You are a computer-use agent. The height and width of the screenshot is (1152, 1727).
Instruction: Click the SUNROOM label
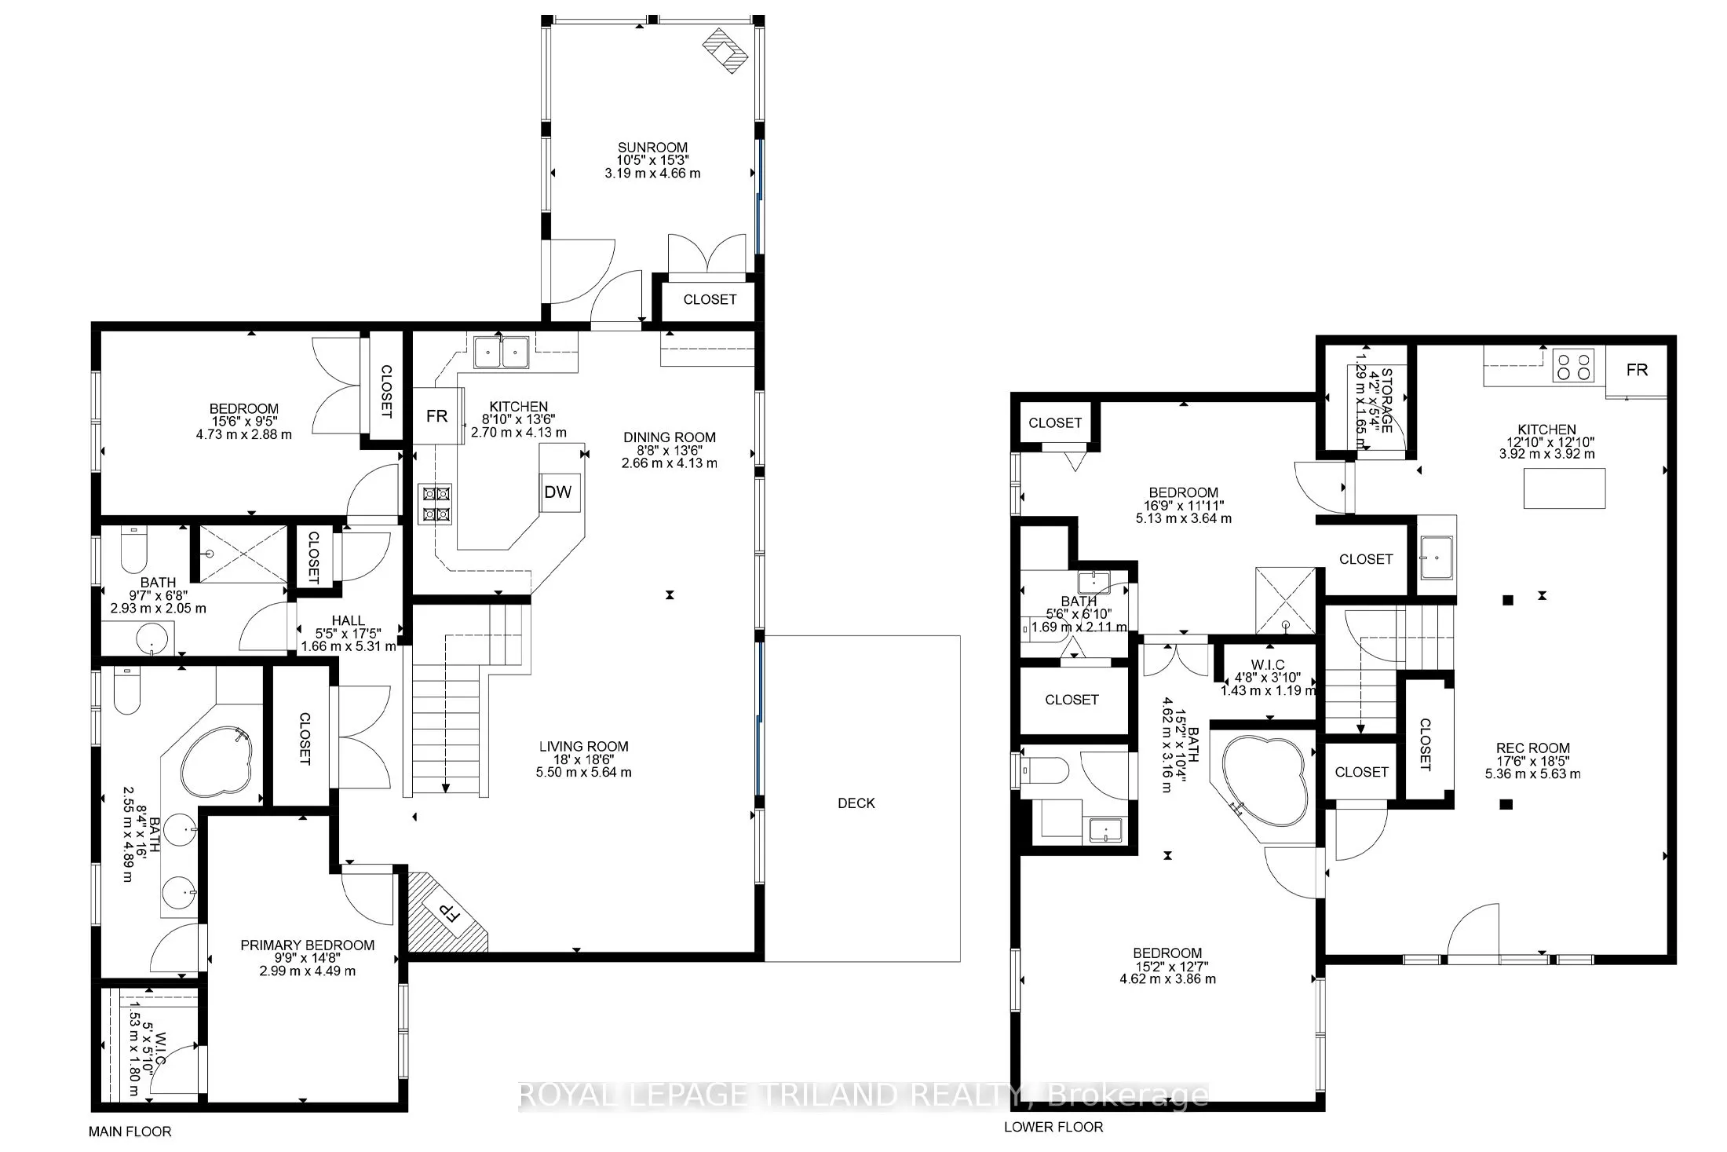652,147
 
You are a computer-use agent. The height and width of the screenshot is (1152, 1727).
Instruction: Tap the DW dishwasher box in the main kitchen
558,492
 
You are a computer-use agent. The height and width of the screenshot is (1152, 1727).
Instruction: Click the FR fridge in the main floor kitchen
436,416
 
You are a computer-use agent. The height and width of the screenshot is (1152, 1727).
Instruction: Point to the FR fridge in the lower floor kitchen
1637,370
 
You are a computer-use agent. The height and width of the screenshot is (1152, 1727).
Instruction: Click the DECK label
856,803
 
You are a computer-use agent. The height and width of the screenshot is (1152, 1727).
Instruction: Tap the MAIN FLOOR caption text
130,1132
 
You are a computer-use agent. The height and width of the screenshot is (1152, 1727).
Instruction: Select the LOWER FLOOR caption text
1053,1127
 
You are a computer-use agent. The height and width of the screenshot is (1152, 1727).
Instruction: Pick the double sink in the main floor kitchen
501,353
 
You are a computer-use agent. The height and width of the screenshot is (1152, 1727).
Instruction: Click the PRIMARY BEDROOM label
307,945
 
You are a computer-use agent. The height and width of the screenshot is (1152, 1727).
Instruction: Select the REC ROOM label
1532,748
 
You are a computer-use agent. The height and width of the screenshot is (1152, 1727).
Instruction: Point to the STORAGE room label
1386,400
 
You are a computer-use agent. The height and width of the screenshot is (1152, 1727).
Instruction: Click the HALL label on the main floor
348,620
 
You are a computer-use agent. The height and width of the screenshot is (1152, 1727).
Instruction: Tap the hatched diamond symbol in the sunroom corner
723,50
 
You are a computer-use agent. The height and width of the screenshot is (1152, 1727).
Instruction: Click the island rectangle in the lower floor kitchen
1564,488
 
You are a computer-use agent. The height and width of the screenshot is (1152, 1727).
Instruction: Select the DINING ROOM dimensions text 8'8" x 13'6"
669,450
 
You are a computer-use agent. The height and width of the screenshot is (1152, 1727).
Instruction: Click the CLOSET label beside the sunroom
710,299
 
